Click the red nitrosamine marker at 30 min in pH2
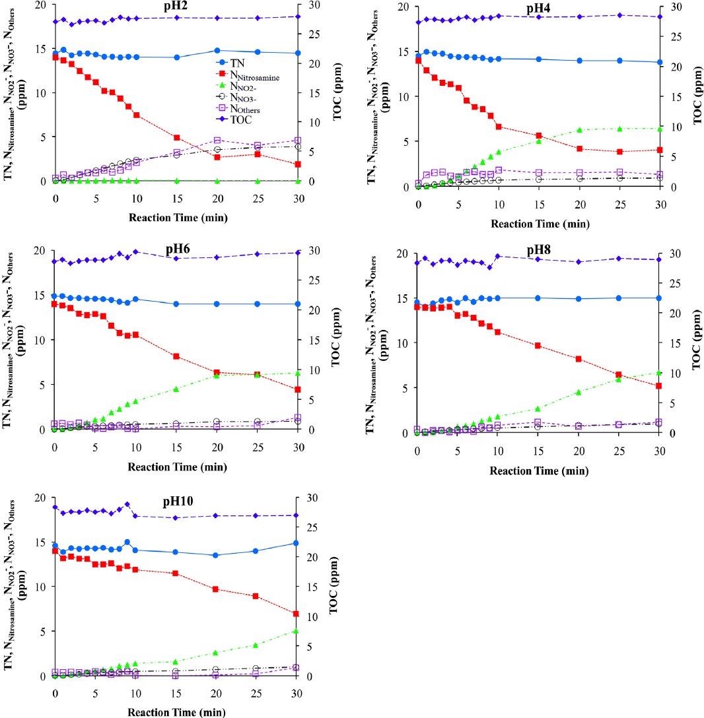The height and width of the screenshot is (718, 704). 298,164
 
